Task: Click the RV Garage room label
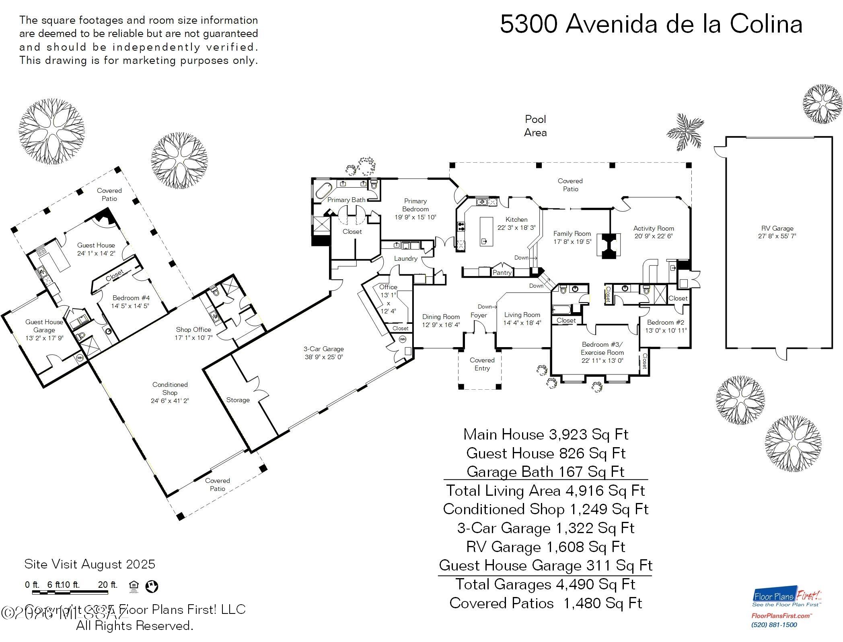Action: tap(777, 228)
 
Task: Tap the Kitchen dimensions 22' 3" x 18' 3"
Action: tap(516, 228)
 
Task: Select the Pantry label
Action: tap(502, 272)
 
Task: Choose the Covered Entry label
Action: tap(482, 364)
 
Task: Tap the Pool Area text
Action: tap(535, 126)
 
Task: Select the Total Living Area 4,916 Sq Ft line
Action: tap(545, 491)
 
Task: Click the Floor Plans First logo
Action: tap(787, 598)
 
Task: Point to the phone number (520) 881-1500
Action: tap(774, 625)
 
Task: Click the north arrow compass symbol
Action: tap(152, 586)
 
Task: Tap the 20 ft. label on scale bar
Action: tap(108, 585)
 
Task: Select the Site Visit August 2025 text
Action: tap(90, 564)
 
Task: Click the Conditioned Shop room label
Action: tap(170, 388)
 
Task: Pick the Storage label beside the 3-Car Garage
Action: tap(238, 400)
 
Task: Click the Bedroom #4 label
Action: tap(131, 298)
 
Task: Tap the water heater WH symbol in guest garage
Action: tap(80, 357)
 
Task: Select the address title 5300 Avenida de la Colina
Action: tap(651, 24)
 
